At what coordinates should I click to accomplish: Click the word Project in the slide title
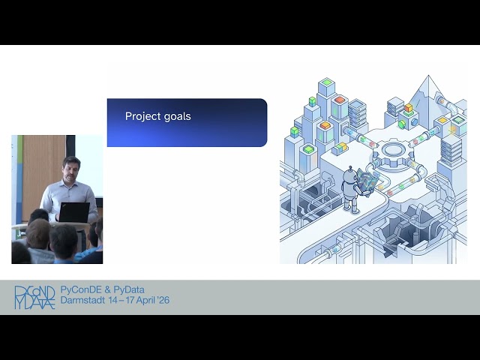click(x=143, y=116)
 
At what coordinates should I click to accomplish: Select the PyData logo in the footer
click(x=34, y=297)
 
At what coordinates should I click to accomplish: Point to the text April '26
click(x=153, y=300)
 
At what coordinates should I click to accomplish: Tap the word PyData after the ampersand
click(x=129, y=289)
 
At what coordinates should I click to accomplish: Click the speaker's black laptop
click(x=74, y=212)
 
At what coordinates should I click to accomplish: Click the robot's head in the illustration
click(x=350, y=175)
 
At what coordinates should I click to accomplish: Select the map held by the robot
click(x=367, y=181)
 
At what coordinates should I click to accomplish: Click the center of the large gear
click(x=393, y=150)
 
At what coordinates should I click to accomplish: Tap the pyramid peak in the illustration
click(x=428, y=76)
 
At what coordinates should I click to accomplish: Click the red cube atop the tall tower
click(x=340, y=100)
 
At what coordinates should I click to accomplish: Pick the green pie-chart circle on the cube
click(x=402, y=124)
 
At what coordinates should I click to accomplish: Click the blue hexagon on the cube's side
click(x=414, y=121)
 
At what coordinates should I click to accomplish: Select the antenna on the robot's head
click(x=351, y=168)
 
